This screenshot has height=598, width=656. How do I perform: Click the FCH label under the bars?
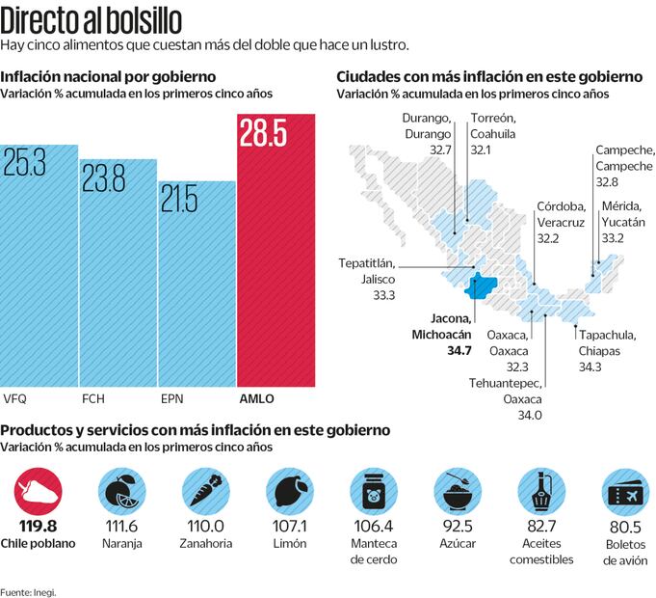93,397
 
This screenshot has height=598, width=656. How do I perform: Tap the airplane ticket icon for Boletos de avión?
623,492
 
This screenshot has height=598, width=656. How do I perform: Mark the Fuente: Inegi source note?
28,591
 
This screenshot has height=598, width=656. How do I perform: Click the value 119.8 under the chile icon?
39,526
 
